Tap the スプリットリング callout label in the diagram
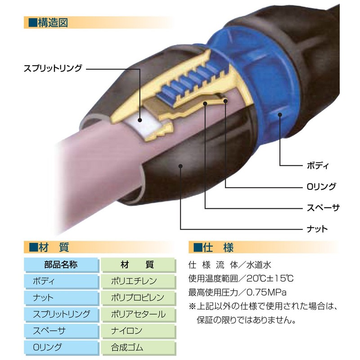click(x=53, y=68)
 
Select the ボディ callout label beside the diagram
click(x=320, y=165)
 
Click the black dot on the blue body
click(x=280, y=116)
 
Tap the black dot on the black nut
click(x=180, y=166)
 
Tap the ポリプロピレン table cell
click(x=137, y=297)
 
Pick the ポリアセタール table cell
click(x=138, y=314)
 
